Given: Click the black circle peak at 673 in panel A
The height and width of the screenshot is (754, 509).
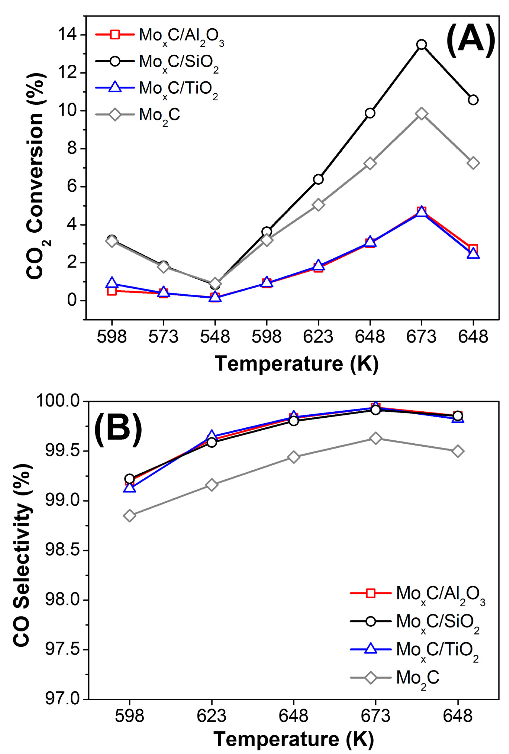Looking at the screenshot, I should [421, 44].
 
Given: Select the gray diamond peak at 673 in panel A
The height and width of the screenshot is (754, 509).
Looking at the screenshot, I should [421, 114].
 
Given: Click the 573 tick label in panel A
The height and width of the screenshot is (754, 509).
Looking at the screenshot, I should [163, 337].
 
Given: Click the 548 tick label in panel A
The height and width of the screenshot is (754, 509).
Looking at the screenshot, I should [215, 337].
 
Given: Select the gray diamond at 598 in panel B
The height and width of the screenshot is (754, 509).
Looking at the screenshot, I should [130, 515].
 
